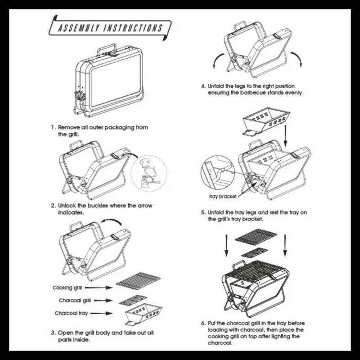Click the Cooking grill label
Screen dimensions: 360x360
click(x=67, y=287)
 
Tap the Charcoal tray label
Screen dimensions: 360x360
click(x=71, y=312)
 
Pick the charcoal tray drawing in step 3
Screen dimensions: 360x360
click(x=140, y=314)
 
